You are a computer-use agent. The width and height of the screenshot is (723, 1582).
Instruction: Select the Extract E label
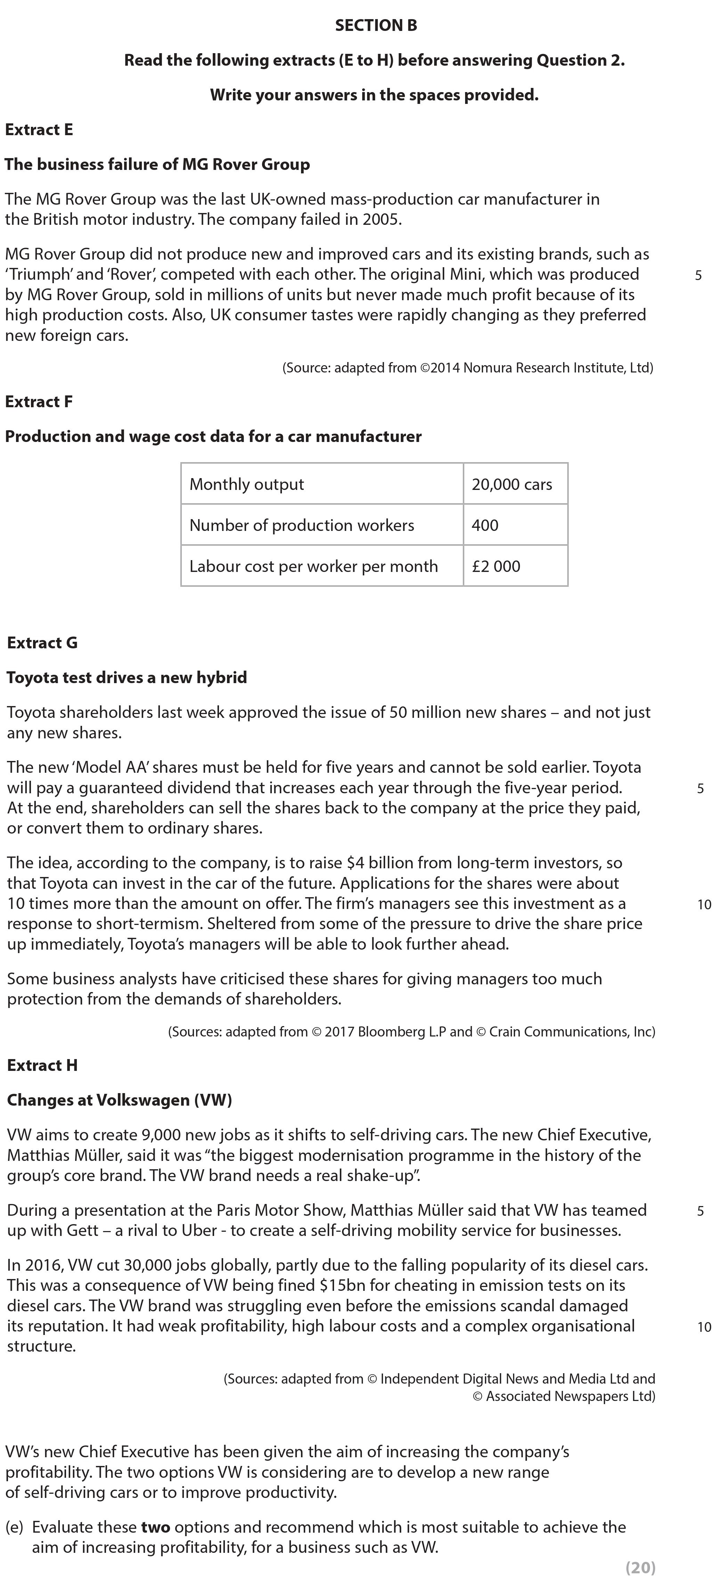pyautogui.click(x=39, y=130)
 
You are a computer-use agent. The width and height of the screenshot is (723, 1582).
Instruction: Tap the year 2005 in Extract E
pyautogui.click(x=380, y=219)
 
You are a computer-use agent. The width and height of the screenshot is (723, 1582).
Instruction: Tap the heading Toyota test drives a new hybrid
pyautogui.click(x=127, y=678)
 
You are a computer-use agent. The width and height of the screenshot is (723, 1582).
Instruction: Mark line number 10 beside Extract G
pyautogui.click(x=704, y=904)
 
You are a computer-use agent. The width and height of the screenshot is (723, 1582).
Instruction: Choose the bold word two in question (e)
pyautogui.click(x=155, y=1527)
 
